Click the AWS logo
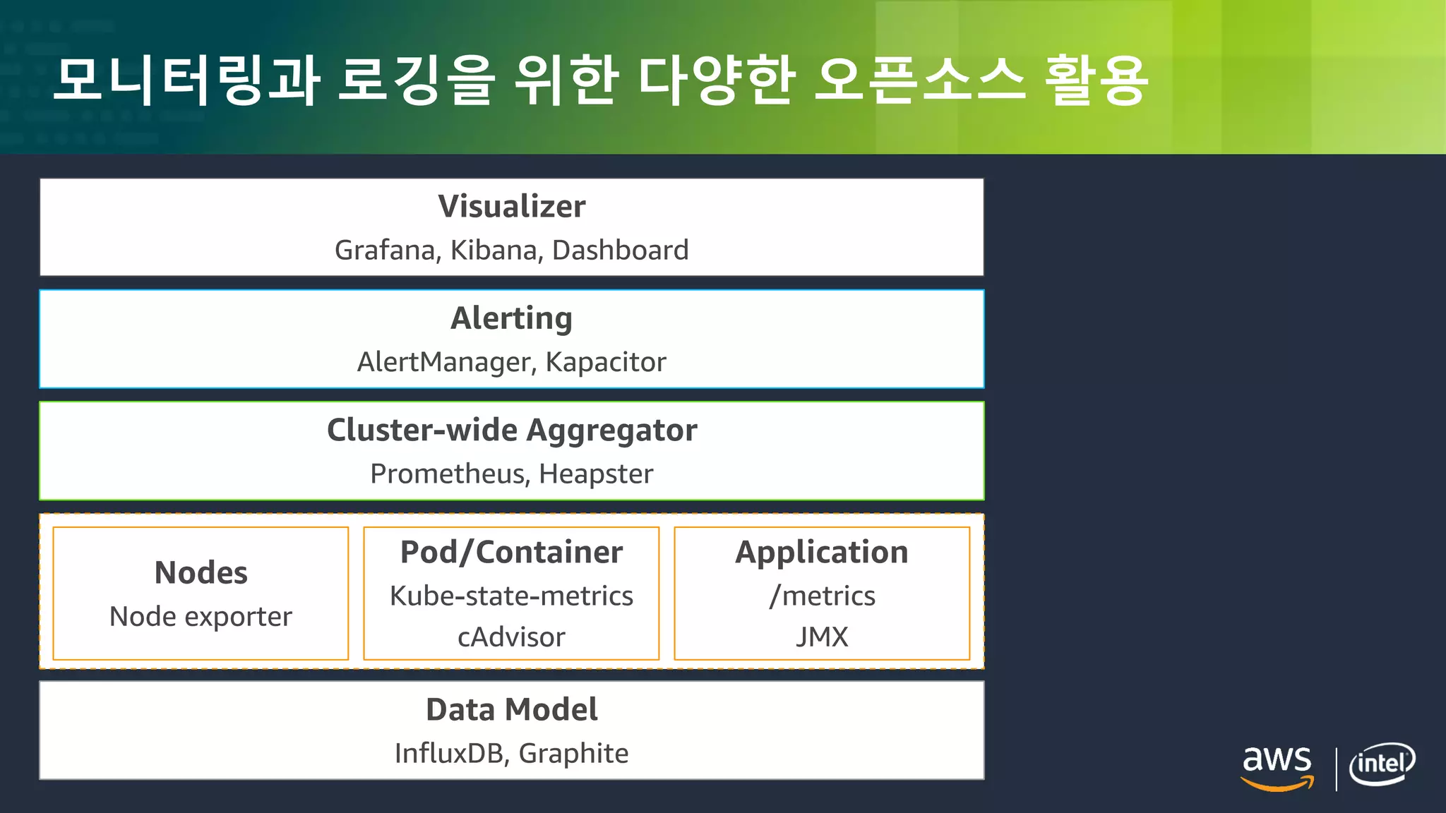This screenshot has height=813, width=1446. tap(1277, 766)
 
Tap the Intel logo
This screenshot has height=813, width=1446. tap(1382, 764)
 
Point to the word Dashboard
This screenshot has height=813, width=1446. tap(620, 251)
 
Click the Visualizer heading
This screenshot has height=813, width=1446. tap(512, 207)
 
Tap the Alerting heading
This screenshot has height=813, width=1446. tap(512, 318)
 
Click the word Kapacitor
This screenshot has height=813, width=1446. tap(606, 362)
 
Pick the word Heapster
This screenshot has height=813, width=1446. tap(596, 474)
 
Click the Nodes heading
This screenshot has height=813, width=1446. tap(201, 572)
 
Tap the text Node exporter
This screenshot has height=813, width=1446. tap(201, 617)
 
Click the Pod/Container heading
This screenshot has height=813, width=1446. tap(512, 552)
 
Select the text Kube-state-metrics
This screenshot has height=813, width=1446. tap(512, 596)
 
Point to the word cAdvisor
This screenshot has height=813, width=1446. tap(512, 637)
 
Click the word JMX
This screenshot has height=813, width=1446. tap(822, 637)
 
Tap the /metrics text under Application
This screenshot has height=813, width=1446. tap(822, 596)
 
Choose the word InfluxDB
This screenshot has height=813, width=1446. tap(451, 754)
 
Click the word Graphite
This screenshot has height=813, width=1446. tap(573, 754)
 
